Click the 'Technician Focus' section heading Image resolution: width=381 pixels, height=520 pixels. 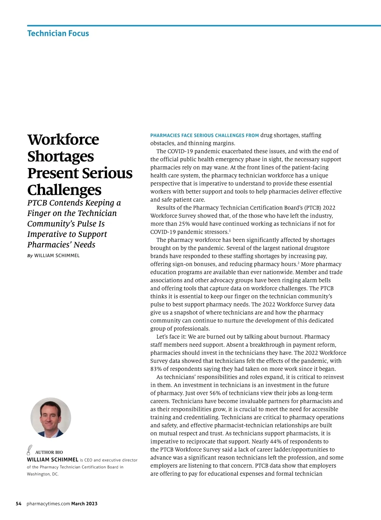point(58,33)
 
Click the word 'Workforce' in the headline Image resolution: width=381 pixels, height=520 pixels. point(63,139)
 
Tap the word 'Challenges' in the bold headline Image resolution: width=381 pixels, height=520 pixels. point(64,190)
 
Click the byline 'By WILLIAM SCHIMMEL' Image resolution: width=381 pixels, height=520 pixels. point(53,256)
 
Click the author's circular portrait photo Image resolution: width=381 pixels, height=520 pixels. point(51,418)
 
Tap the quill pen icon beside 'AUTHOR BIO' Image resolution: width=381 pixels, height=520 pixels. point(29,450)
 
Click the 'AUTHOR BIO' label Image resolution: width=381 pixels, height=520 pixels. point(49,452)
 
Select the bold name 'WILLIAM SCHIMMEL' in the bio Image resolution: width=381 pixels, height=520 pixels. point(53,460)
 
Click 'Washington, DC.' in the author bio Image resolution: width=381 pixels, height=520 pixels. point(43,474)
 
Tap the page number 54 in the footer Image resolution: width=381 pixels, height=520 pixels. point(19,504)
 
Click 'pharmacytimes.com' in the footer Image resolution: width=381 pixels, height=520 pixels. point(48,504)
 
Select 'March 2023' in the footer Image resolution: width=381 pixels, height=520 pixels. point(84,504)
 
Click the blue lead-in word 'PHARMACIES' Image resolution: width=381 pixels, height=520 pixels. point(165,136)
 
